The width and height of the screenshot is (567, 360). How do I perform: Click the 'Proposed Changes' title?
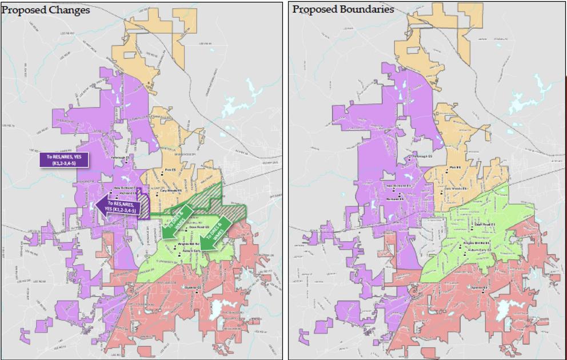tap(46, 10)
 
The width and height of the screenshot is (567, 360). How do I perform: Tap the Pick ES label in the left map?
tap(169, 170)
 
